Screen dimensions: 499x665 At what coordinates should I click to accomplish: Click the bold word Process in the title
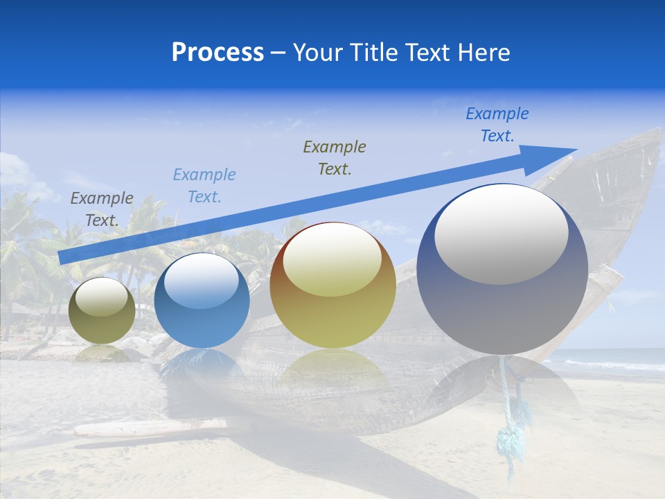click(218, 53)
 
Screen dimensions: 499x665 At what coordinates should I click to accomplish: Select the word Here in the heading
click(484, 53)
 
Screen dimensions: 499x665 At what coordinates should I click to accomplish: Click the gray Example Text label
click(102, 209)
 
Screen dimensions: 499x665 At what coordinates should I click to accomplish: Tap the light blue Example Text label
click(204, 186)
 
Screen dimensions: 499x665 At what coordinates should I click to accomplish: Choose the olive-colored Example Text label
click(335, 158)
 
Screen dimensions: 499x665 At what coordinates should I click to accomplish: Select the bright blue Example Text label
click(497, 125)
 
